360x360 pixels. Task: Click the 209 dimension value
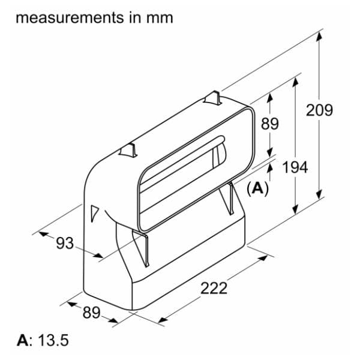[x=319, y=110]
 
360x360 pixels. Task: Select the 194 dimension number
[x=295, y=167]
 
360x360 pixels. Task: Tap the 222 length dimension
[x=214, y=288]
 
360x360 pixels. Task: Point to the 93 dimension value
[x=65, y=243]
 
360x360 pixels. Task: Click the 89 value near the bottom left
[x=91, y=313]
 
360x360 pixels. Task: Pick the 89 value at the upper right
[x=270, y=124]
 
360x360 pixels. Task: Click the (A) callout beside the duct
[x=257, y=189]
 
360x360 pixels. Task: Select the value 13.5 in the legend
[x=53, y=340]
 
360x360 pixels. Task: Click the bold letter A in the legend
[x=23, y=340]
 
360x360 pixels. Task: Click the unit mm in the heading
[x=160, y=18]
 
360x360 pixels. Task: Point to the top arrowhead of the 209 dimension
[x=319, y=36]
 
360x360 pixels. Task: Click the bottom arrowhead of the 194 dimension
[x=295, y=209]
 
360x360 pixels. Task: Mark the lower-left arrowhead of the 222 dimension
[x=163, y=319]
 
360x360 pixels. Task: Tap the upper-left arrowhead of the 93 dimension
[x=44, y=234]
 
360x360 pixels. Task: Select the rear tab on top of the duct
[x=213, y=98]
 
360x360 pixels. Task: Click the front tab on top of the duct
[x=128, y=151]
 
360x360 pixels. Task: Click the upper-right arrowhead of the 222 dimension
[x=263, y=258]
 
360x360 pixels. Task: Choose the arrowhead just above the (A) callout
[x=270, y=168]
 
